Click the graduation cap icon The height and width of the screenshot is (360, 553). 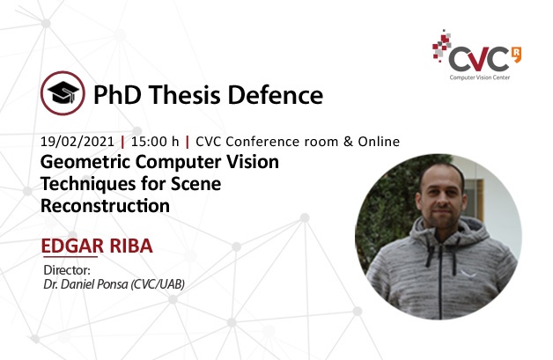[x=63, y=93]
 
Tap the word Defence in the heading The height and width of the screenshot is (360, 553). [x=276, y=95]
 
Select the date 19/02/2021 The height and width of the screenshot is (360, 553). [x=77, y=142]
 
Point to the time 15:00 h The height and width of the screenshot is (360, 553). [x=155, y=142]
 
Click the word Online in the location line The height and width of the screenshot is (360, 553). [x=379, y=142]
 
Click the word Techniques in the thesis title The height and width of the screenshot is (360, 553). [x=86, y=185]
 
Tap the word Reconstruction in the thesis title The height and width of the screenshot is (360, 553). [x=105, y=206]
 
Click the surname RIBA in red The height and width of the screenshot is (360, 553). [x=131, y=246]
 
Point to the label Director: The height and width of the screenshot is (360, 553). [x=67, y=270]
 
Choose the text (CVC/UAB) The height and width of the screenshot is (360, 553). [x=158, y=284]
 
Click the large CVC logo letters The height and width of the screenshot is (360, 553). [x=478, y=59]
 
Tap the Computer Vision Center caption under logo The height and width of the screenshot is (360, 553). [x=480, y=77]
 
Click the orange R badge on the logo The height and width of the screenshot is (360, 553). [x=516, y=54]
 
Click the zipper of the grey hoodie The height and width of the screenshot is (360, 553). [x=440, y=278]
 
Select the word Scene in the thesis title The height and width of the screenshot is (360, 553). [x=195, y=184]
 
